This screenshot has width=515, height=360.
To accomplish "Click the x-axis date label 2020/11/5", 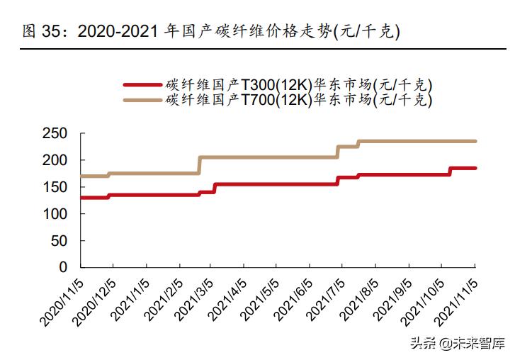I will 62,302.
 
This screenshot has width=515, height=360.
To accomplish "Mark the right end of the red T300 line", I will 475,168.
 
